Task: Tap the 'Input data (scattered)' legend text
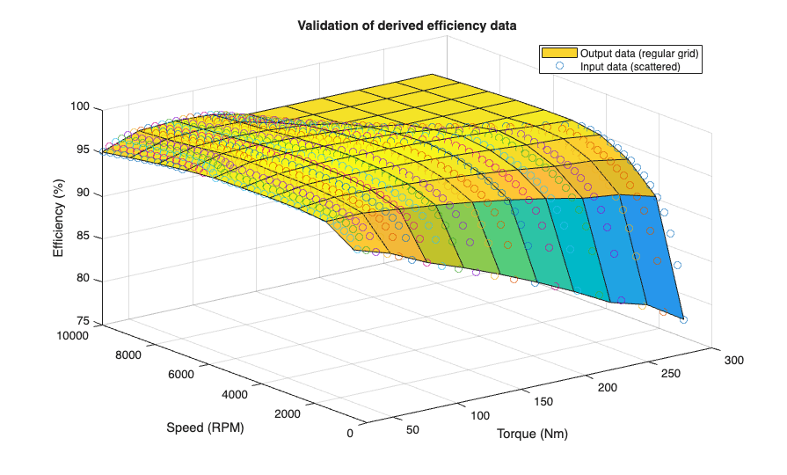coord(630,66)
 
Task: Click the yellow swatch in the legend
coord(558,54)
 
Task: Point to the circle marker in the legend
coord(558,66)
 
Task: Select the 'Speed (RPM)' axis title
coord(205,428)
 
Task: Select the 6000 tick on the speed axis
coord(181,374)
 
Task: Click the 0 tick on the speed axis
coord(351,433)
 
